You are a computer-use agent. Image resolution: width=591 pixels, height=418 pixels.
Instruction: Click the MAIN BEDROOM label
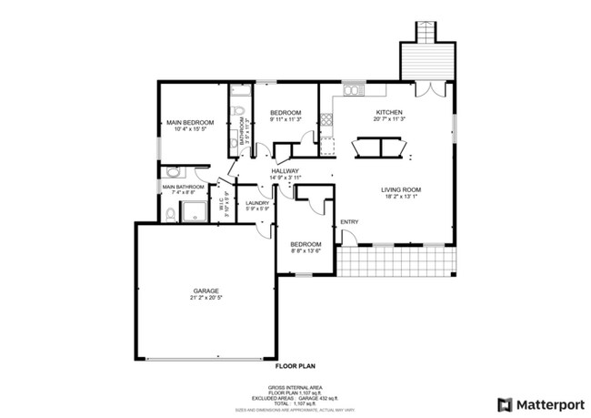(x=189, y=122)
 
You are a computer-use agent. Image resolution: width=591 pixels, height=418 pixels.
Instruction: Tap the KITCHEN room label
(x=389, y=112)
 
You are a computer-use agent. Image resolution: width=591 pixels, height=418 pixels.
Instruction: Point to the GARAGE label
(x=205, y=291)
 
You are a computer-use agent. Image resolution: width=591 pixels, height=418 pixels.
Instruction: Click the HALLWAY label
(x=285, y=170)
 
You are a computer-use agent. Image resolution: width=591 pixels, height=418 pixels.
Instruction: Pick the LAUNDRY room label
(x=257, y=203)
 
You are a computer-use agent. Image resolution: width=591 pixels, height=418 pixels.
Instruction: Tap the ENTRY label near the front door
(x=349, y=221)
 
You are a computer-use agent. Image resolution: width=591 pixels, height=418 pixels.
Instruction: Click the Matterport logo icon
(x=504, y=403)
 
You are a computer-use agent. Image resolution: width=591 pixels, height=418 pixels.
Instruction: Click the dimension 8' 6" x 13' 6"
(x=306, y=250)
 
